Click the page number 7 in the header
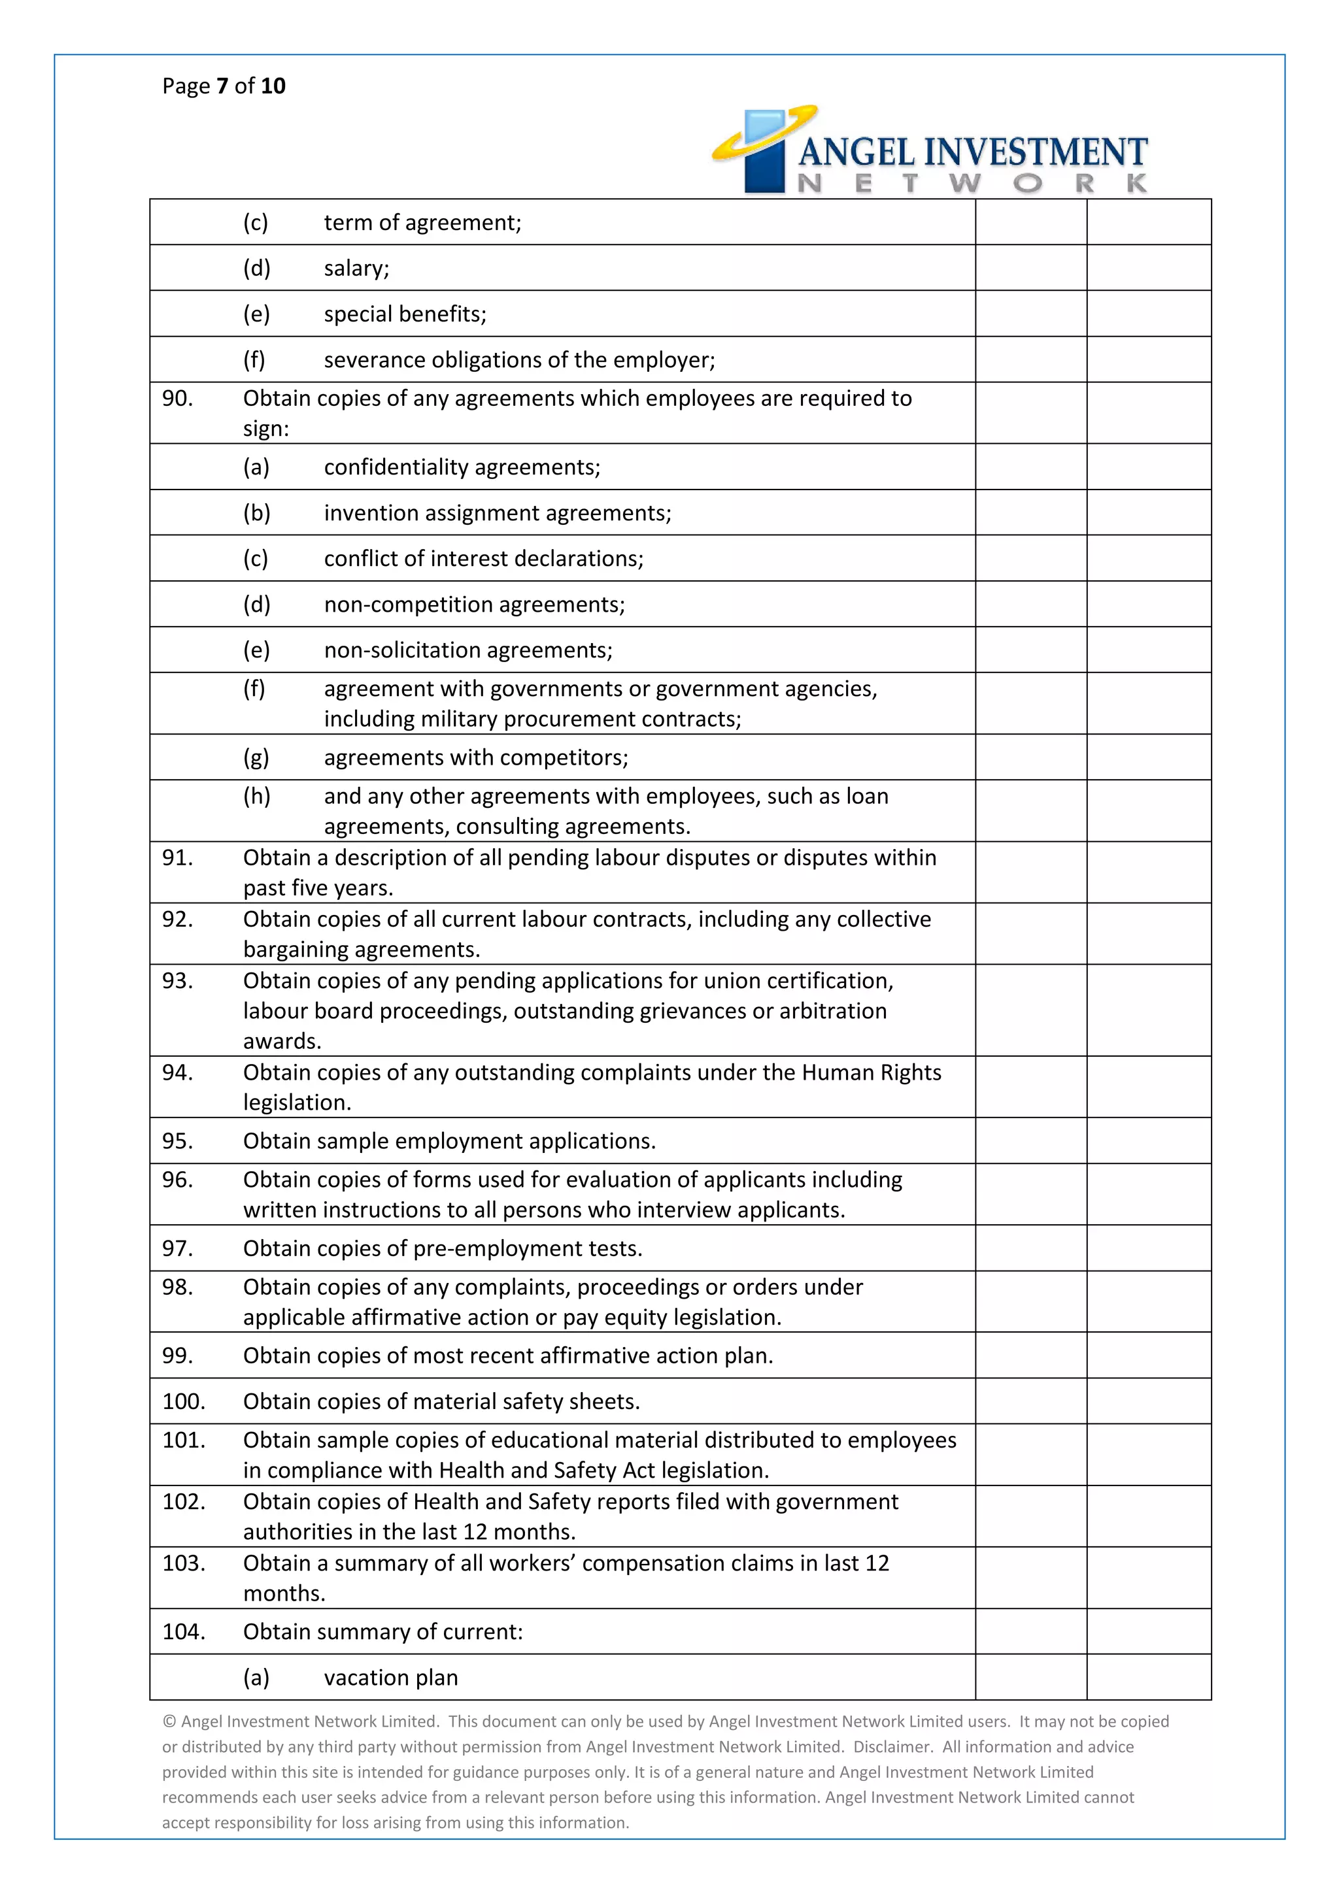(x=222, y=86)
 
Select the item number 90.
(x=177, y=399)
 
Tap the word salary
(x=356, y=269)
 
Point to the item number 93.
(x=177, y=981)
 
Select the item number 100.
(x=183, y=1401)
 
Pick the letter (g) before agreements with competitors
(x=256, y=758)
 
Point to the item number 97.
(x=177, y=1248)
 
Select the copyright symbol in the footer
(x=169, y=1721)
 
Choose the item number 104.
(x=183, y=1632)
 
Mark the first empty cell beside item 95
(x=1030, y=1141)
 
